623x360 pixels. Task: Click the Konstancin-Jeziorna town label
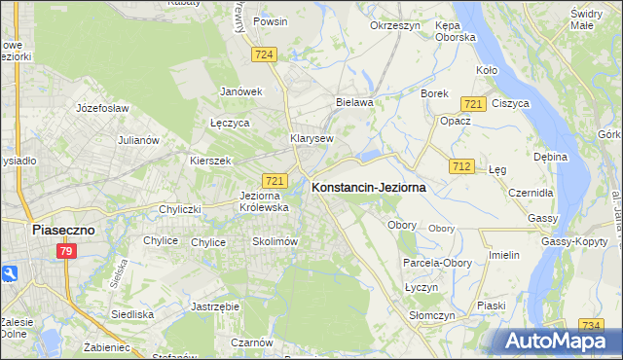point(368,189)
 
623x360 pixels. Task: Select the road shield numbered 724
point(261,55)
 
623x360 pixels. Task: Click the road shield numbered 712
point(462,167)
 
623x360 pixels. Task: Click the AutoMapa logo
point(556,342)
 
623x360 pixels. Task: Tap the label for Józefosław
point(102,108)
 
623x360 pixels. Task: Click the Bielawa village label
point(354,101)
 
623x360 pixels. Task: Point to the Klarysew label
point(311,138)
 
